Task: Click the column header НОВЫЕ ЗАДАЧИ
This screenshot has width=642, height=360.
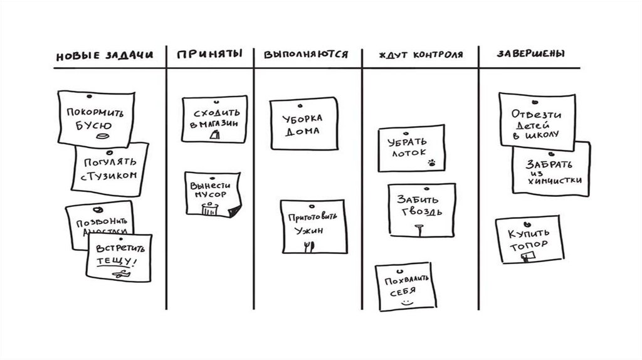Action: [x=104, y=55]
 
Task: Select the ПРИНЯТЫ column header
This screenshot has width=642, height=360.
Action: [x=209, y=55]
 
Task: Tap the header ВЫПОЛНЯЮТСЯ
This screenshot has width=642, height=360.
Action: [x=306, y=55]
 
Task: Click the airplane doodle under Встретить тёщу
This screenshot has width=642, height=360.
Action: [x=119, y=274]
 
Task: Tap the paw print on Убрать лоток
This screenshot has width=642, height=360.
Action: [x=432, y=163]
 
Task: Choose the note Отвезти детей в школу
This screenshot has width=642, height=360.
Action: [x=536, y=119]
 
